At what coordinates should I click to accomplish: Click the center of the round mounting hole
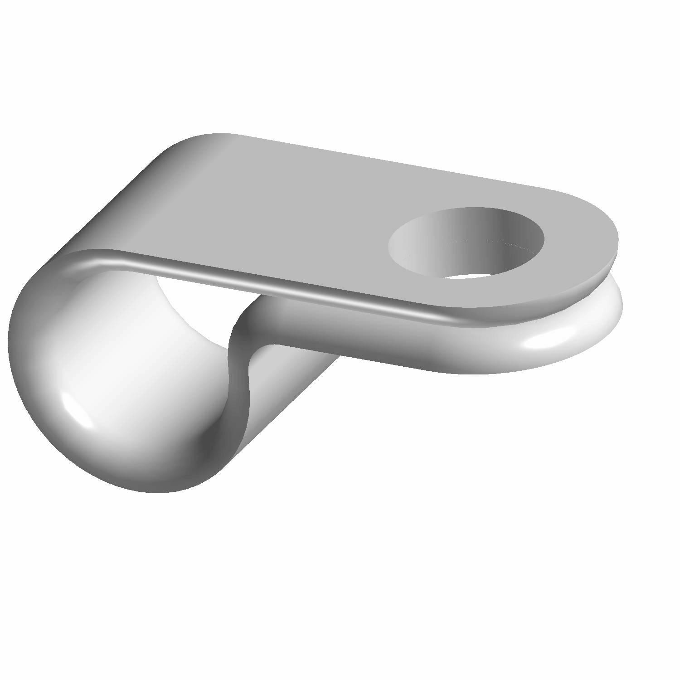pos(467,243)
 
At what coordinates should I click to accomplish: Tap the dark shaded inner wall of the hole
pos(508,231)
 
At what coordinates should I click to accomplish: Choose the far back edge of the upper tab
pos(385,159)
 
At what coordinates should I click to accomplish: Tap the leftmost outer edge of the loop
pos(10,340)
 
